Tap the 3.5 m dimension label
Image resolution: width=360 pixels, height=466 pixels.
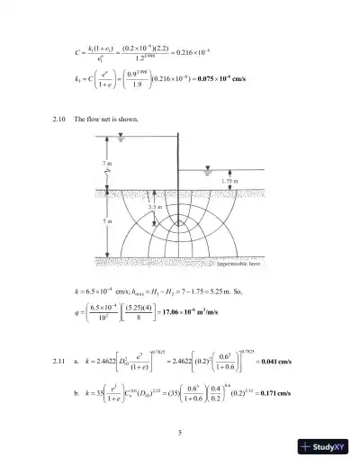point(157,207)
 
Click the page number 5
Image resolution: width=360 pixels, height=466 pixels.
point(180,434)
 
